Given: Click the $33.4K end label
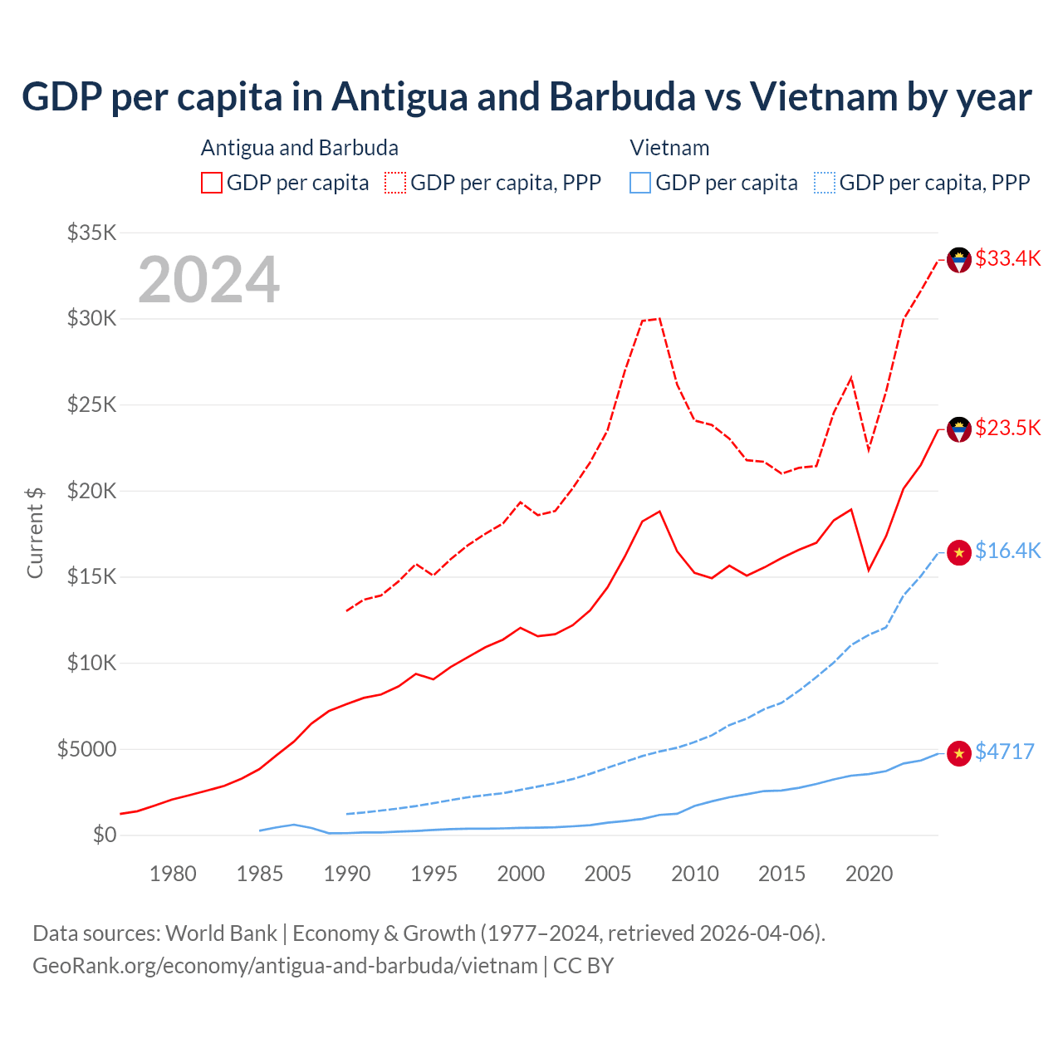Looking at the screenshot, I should [1007, 258].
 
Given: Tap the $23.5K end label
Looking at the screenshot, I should [1007, 428].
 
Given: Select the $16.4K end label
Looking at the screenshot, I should [1007, 551].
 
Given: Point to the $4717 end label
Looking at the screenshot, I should [1004, 752].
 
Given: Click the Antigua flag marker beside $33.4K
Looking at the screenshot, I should [959, 260].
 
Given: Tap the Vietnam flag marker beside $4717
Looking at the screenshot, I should [959, 753].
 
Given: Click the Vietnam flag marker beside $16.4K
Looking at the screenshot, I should [959, 552].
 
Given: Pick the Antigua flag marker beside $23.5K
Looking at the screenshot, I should [959, 429].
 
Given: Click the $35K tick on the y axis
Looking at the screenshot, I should [92, 233].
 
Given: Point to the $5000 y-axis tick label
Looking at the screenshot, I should [87, 749].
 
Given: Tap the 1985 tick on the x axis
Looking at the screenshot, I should [260, 874].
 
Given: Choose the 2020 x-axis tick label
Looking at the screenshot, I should [869, 874].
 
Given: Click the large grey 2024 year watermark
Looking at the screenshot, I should [209, 280].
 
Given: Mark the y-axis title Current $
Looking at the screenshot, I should [35, 532].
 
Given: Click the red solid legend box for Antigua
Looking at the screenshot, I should [212, 183].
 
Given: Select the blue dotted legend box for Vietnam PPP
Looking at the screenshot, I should [825, 183].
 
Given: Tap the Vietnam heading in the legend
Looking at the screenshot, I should [669, 148].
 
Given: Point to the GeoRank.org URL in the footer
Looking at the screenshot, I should [285, 966].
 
